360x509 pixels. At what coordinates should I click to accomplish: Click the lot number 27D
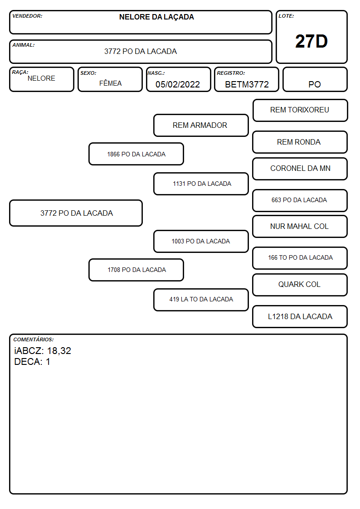click(x=311, y=41)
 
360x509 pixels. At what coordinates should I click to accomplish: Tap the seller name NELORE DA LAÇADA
click(x=156, y=17)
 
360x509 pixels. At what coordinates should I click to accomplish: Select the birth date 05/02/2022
click(x=178, y=84)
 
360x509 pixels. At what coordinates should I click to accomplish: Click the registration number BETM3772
click(x=247, y=84)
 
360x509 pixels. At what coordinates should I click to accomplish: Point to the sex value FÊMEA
click(x=110, y=83)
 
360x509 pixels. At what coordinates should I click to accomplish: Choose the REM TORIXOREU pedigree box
click(x=300, y=111)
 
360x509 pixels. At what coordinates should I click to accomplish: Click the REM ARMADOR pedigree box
click(x=201, y=125)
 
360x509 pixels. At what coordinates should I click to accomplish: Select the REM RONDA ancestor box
click(x=300, y=142)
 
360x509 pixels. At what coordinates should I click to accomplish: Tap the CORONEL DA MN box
click(x=300, y=169)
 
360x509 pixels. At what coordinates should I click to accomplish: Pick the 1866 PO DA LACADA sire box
click(x=136, y=154)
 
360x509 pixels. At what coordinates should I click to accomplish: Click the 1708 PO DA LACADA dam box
click(x=136, y=270)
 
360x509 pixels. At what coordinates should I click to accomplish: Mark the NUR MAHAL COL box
click(x=300, y=227)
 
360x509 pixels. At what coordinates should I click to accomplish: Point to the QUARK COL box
click(x=300, y=285)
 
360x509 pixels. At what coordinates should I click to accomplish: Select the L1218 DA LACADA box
click(x=300, y=316)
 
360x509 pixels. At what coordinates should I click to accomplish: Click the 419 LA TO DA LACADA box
click(x=201, y=300)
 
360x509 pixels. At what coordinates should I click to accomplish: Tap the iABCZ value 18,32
click(x=59, y=351)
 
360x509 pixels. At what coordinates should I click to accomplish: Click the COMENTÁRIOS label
click(x=34, y=339)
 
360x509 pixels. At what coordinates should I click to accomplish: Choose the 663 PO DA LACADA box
click(x=300, y=200)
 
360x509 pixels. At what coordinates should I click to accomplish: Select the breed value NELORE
click(x=41, y=78)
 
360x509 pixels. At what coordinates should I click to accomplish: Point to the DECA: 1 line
click(x=32, y=362)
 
